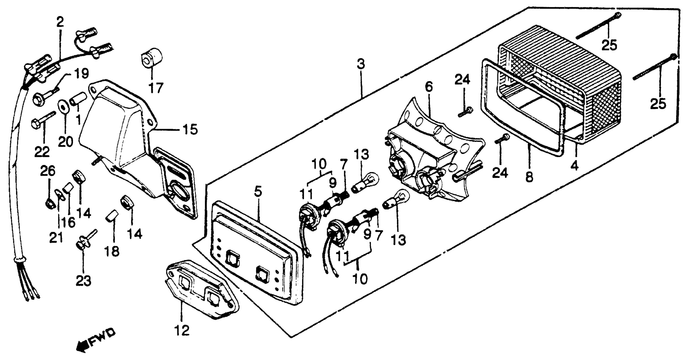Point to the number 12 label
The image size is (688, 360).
(182, 330)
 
